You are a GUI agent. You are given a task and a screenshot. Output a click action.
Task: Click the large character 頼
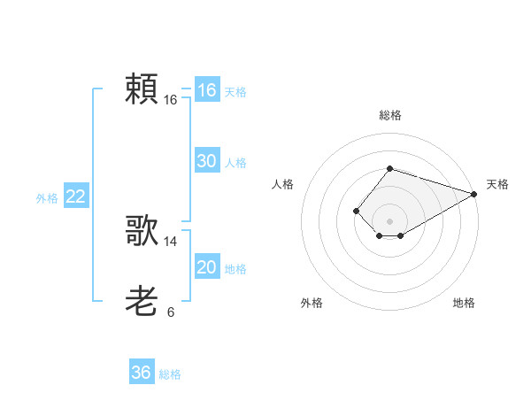[142, 89]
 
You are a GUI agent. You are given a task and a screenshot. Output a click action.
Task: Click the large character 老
[142, 302]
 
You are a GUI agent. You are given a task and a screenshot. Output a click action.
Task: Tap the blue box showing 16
[206, 90]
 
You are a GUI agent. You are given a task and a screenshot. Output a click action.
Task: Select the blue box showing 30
[206, 161]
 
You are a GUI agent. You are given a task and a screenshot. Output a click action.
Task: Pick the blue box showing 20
[206, 267]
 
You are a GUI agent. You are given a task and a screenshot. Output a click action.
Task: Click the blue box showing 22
[75, 196]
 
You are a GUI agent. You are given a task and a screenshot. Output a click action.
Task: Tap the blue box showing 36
[141, 373]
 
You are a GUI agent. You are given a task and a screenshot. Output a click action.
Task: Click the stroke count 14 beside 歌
[171, 241]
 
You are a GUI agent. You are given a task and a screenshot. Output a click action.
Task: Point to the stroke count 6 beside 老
[171, 312]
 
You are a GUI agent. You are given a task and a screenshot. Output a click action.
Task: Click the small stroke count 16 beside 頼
[171, 100]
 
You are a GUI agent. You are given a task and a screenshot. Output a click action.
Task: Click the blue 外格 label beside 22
[47, 198]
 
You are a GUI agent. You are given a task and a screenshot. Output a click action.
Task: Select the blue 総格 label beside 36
[170, 374]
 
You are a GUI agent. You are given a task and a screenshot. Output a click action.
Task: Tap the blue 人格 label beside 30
[235, 163]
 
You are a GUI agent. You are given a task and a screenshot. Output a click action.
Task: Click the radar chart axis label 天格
[497, 184]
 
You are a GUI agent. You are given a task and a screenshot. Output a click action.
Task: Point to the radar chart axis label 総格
[389, 115]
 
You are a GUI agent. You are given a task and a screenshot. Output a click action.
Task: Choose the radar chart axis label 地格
[464, 303]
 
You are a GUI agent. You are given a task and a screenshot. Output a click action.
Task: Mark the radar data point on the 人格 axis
[356, 211]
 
